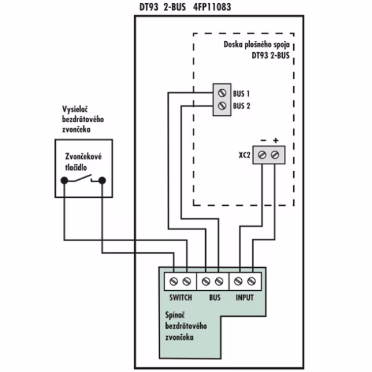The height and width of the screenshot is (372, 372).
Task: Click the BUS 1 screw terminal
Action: pyautogui.click(x=221, y=93)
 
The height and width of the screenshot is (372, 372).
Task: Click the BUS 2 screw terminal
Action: pyautogui.click(x=221, y=107)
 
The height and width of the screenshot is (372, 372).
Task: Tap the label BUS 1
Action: pyautogui.click(x=241, y=93)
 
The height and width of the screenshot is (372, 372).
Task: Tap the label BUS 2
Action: pyautogui.click(x=241, y=106)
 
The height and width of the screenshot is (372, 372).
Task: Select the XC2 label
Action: pyautogui.click(x=245, y=154)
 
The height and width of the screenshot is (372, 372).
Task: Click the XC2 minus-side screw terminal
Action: pyautogui.click(x=263, y=154)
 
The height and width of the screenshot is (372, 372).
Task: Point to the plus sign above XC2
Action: pyautogui.click(x=275, y=140)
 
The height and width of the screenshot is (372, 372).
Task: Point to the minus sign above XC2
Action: pyautogui.click(x=263, y=140)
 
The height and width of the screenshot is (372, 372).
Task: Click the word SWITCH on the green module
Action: pyautogui.click(x=181, y=297)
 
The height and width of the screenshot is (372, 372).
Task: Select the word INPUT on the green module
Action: pyautogui.click(x=244, y=297)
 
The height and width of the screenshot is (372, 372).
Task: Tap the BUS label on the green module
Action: pyautogui.click(x=215, y=297)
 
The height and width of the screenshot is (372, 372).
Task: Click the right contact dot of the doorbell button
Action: pyautogui.click(x=102, y=182)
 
